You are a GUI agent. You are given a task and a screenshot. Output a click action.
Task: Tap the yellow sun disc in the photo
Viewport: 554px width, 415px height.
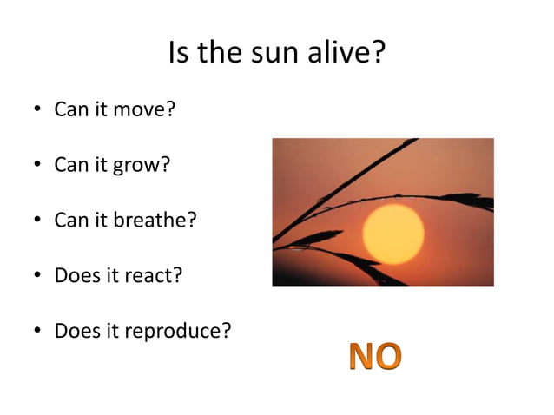point(392,234)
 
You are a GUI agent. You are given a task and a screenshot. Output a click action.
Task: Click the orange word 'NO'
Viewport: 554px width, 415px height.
point(375,356)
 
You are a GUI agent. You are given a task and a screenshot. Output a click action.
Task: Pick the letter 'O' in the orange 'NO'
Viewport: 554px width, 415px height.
point(389,356)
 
